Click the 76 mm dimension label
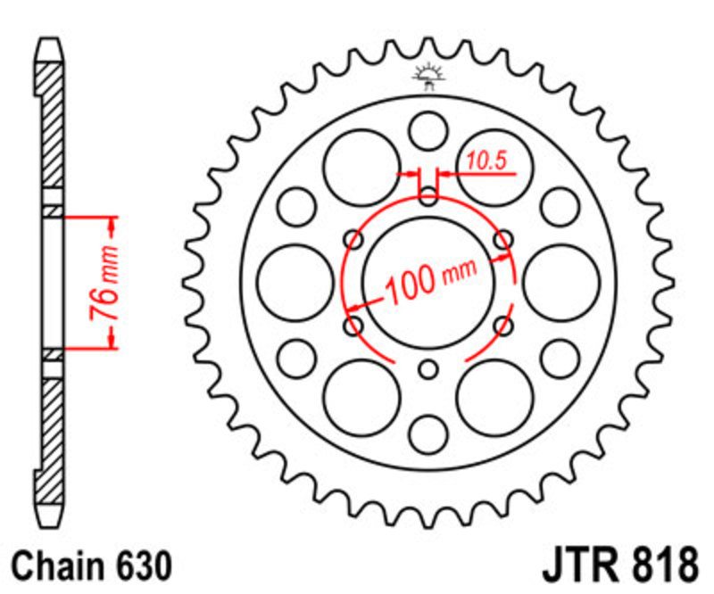tap(104, 283)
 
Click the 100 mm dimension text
tap(431, 281)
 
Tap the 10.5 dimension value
tap(486, 161)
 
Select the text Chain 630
tap(92, 566)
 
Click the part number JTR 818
tap(620, 565)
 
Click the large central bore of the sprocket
tap(428, 282)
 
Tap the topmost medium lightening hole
tap(428, 131)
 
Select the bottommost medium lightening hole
tap(428, 434)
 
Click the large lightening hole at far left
tap(295, 283)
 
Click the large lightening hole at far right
tap(561, 283)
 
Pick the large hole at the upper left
tap(362, 168)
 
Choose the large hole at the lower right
tap(495, 398)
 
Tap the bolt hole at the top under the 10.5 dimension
tap(428, 196)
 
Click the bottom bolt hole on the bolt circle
tap(428, 369)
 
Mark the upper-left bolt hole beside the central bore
tap(353, 239)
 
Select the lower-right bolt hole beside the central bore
tap(503, 326)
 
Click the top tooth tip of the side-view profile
tap(50, 40)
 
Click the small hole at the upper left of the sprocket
tap(296, 207)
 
